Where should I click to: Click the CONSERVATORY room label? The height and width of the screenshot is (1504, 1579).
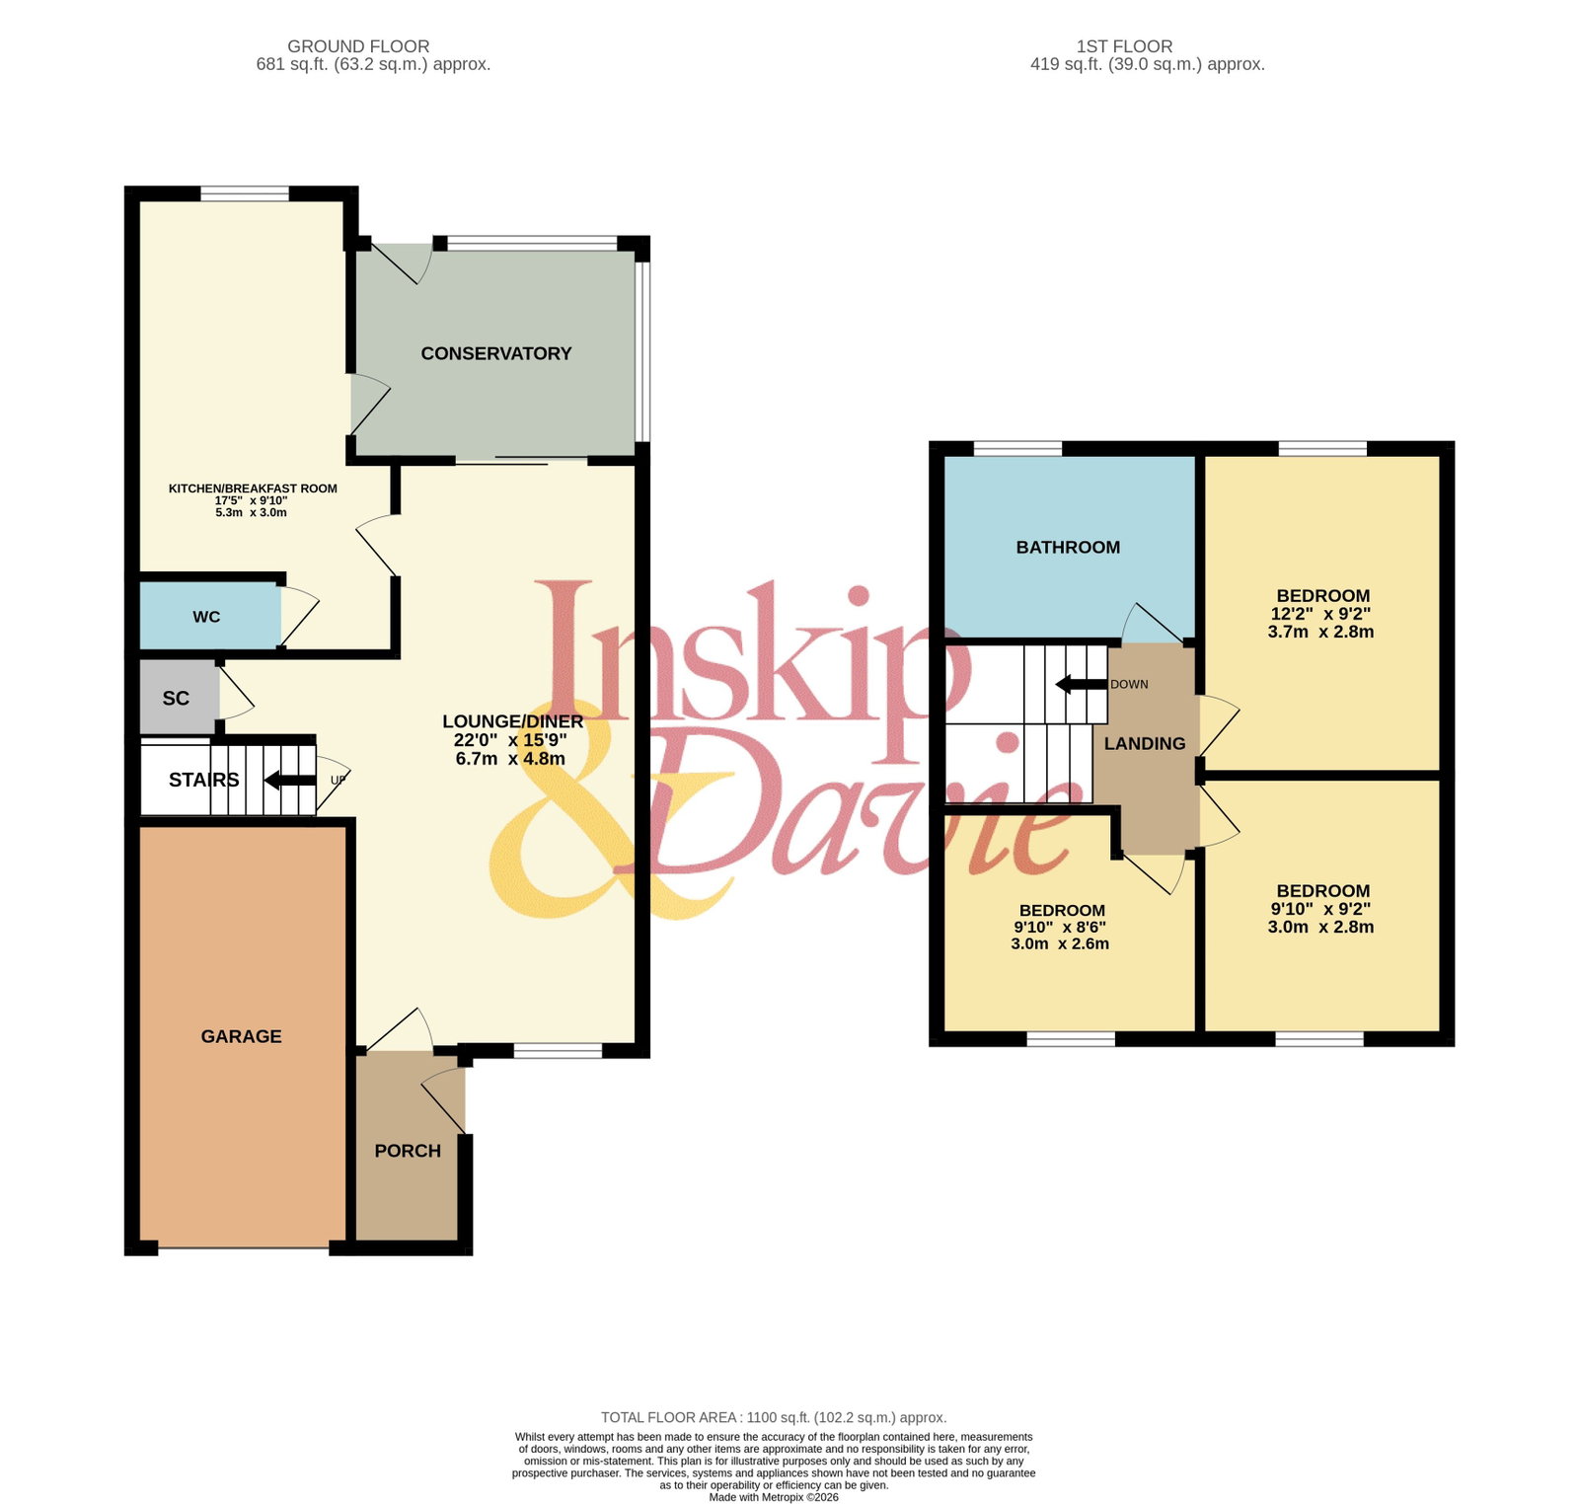coord(496,353)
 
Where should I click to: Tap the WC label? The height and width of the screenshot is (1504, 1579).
coord(206,617)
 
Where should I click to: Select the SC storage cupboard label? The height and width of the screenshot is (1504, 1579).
coord(176,699)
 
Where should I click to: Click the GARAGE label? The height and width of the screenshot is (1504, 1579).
coord(241,1036)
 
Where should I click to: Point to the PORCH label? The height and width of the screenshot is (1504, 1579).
coord(408,1151)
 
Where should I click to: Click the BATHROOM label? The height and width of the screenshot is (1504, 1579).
coord(1068,547)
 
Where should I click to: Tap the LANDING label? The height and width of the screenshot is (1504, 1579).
coord(1145,743)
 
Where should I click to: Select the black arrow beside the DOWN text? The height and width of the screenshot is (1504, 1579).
coord(1081,685)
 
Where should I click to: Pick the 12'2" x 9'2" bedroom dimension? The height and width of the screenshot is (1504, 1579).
coord(1320,613)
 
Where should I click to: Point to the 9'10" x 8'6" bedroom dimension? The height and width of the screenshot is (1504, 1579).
coord(1060,927)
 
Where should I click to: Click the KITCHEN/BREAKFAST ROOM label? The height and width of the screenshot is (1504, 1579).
coord(253,489)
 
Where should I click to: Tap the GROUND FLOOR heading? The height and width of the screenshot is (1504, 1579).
coord(358,46)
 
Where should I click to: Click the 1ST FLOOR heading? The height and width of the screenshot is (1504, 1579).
coord(1124,46)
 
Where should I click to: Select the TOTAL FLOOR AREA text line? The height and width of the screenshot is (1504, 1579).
coord(774,1417)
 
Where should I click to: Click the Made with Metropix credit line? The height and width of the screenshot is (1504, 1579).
coord(774,1497)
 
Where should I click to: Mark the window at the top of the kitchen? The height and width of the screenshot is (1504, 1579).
coord(245,193)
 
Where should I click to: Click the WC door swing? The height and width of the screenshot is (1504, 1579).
coord(300,618)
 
